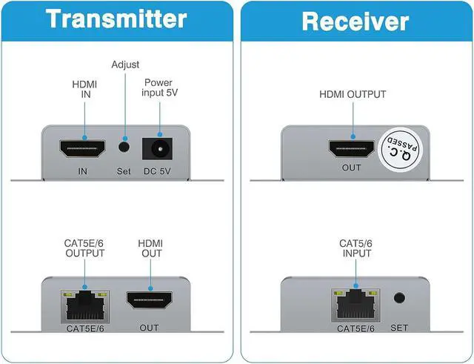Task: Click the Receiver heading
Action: pos(355,20)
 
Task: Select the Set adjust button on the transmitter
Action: pos(124,148)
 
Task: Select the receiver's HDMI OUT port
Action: pos(352,148)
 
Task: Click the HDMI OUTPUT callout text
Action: pos(352,95)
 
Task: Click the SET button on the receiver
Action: pos(399,300)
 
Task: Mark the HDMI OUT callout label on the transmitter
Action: pos(150,247)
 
